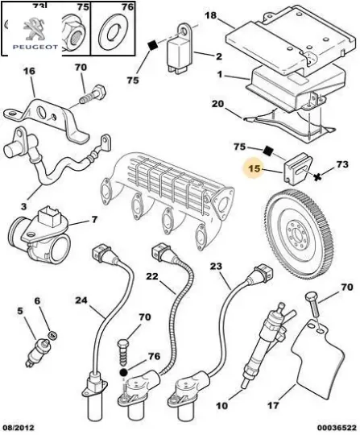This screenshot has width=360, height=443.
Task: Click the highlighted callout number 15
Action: coord(254,168)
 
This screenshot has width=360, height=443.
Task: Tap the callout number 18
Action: coord(210,15)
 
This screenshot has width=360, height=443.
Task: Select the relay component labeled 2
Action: coord(180,50)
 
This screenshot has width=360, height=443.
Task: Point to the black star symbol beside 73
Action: coord(318,177)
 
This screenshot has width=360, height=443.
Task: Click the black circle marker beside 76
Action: coord(123,373)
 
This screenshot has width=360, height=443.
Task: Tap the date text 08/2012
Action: coord(19,428)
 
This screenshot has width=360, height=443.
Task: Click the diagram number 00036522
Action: coord(337,428)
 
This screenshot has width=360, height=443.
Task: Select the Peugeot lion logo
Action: coord(34,29)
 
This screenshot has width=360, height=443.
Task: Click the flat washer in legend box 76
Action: coord(114,31)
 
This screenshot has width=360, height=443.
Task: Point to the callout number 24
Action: coord(81,300)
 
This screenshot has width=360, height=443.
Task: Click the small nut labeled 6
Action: coord(53,335)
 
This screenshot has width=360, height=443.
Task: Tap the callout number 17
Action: coord(273,405)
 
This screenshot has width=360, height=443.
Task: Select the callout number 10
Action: coord(221,405)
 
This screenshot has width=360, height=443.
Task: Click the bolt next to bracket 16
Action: coord(93,94)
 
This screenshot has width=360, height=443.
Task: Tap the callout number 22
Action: coord(152,276)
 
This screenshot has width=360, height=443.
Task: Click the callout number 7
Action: coord(94,219)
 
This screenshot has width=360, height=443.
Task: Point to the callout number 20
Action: coord(217,104)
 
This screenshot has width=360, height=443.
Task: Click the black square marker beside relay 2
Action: coord(153,45)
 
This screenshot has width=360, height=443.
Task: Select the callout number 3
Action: coord(24,206)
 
